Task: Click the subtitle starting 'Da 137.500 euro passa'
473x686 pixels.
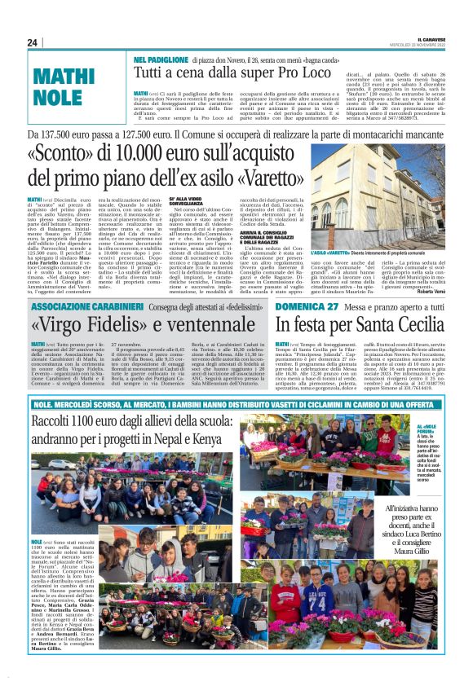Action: (236, 134)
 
